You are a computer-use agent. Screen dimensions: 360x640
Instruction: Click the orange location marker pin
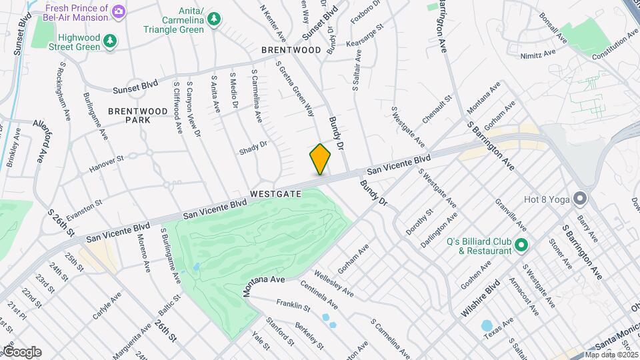tap(321, 159)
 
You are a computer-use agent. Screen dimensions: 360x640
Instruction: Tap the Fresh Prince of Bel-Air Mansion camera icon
tap(118, 11)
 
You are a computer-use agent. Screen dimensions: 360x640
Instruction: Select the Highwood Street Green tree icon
tap(109, 41)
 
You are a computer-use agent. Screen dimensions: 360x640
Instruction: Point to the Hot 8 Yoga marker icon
tap(579, 198)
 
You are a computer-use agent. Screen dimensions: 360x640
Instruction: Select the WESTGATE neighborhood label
tap(276, 194)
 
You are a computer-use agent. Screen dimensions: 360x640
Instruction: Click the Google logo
tap(21, 351)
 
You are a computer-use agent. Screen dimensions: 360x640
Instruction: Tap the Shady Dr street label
tap(253, 148)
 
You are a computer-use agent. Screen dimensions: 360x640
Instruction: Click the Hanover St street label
tap(107, 164)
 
